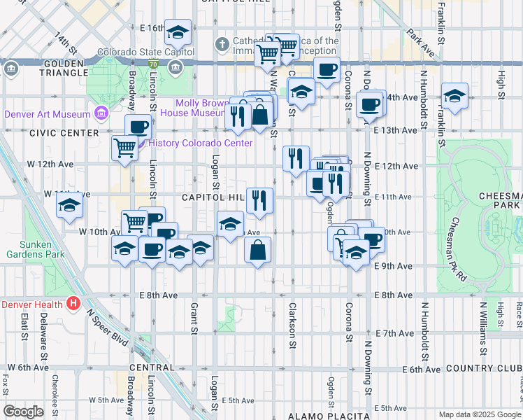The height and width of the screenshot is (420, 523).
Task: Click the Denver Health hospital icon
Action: (x=73, y=304)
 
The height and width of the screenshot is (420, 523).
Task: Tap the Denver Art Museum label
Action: (x=48, y=114)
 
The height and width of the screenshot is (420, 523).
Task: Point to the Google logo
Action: (x=24, y=411)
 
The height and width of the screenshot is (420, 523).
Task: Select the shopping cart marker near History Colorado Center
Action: (x=124, y=148)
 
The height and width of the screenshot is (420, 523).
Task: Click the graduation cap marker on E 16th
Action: (x=178, y=31)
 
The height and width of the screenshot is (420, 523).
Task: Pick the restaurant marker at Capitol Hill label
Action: (x=259, y=200)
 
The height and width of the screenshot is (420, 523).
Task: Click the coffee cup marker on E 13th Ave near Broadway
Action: (x=138, y=127)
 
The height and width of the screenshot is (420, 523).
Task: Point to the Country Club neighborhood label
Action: (x=482, y=369)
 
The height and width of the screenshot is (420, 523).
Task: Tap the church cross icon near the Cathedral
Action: (x=222, y=45)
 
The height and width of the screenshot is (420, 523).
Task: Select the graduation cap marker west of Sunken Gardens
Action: (x=70, y=205)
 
